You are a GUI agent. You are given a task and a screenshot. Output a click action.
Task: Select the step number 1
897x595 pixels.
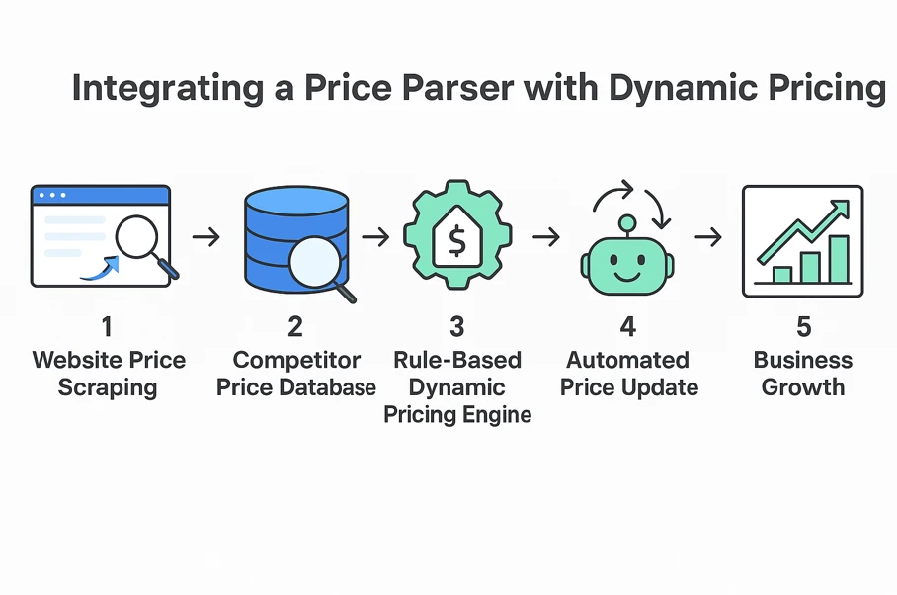tap(108, 325)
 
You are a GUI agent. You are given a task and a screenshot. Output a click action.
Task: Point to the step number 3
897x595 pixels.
tap(456, 325)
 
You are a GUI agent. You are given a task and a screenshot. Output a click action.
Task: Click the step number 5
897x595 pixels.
tap(802, 325)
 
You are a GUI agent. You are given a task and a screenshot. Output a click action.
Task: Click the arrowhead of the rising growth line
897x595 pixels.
tap(841, 207)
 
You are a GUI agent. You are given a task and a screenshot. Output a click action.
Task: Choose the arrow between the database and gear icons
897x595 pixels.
tap(375, 237)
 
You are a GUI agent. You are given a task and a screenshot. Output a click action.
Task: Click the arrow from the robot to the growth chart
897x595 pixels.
tap(707, 237)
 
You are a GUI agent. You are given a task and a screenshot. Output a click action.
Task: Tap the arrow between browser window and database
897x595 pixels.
tap(205, 237)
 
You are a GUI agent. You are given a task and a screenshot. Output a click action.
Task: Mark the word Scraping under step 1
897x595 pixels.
tap(108, 386)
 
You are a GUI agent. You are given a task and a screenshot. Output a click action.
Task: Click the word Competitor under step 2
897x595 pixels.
tap(296, 360)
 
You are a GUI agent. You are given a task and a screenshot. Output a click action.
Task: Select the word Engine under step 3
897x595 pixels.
tap(497, 413)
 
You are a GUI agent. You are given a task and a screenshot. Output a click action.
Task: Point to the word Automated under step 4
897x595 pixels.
tap(629, 360)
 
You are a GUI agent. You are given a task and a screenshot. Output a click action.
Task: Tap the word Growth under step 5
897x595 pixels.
tap(802, 386)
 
